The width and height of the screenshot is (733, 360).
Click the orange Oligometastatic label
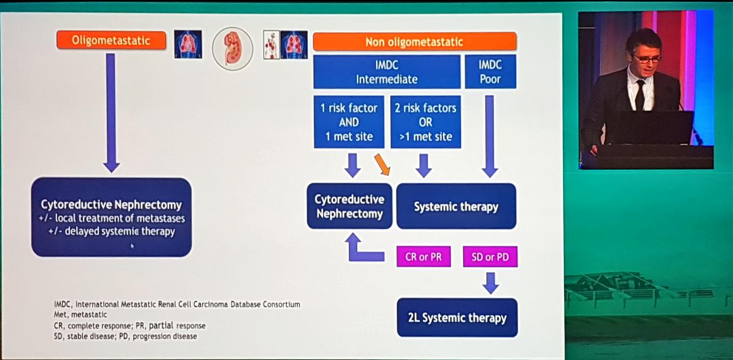click(x=111, y=41)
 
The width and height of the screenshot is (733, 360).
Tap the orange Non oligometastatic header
click(x=414, y=42)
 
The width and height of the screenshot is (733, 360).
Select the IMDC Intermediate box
click(x=386, y=72)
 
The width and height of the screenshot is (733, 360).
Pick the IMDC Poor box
click(x=490, y=72)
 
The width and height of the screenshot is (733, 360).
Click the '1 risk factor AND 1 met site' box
click(x=349, y=122)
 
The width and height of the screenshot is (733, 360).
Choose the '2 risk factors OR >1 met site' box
click(x=425, y=122)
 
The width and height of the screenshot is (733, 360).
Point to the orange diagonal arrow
click(x=382, y=164)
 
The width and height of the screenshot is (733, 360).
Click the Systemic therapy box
click(x=456, y=206)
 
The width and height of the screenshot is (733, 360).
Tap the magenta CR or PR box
click(x=423, y=257)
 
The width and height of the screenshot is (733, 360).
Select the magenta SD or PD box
click(x=490, y=257)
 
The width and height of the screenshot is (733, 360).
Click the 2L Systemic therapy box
click(x=457, y=318)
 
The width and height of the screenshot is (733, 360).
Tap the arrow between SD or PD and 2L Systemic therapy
click(x=490, y=283)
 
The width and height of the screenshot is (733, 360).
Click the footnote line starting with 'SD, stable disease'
click(x=125, y=336)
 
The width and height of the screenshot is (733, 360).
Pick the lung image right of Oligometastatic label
click(x=188, y=44)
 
